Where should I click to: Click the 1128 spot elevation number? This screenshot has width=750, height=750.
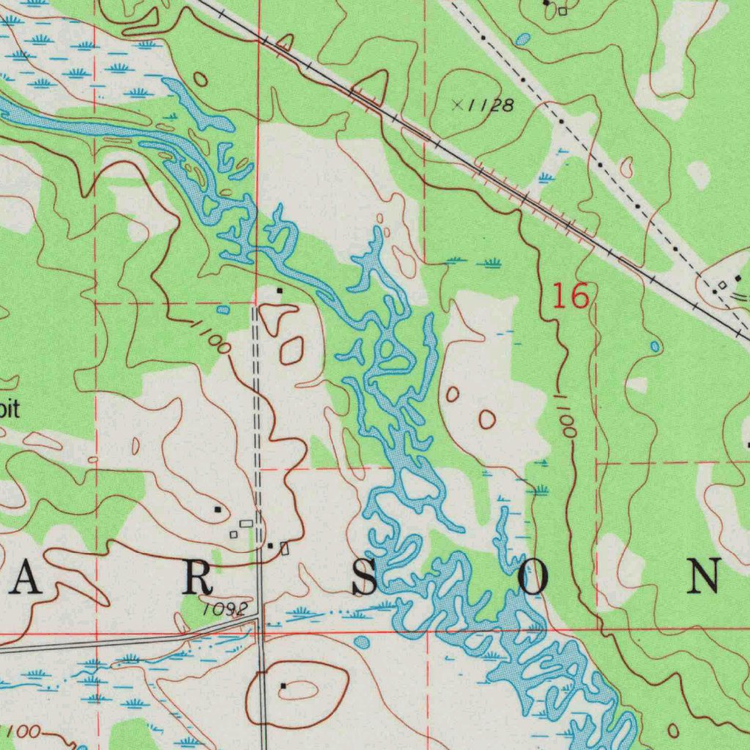[490, 105]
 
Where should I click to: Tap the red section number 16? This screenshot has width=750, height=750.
[570, 297]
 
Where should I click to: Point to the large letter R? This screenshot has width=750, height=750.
[196, 580]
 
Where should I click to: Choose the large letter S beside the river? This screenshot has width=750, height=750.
[365, 580]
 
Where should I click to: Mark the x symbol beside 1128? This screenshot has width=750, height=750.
[457, 105]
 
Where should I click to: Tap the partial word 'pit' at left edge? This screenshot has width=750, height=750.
[8, 409]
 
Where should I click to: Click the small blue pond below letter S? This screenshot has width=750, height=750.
[361, 642]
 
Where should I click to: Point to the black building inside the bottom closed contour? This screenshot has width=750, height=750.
[283, 686]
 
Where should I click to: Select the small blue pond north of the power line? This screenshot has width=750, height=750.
[521, 40]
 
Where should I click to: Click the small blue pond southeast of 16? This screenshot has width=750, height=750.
[654, 346]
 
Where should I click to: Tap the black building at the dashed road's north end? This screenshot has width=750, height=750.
[278, 291]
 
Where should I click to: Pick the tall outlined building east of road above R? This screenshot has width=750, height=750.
[285, 548]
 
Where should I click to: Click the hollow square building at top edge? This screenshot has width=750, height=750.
[562, 11]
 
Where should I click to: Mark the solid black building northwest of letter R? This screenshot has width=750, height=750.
[217, 508]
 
